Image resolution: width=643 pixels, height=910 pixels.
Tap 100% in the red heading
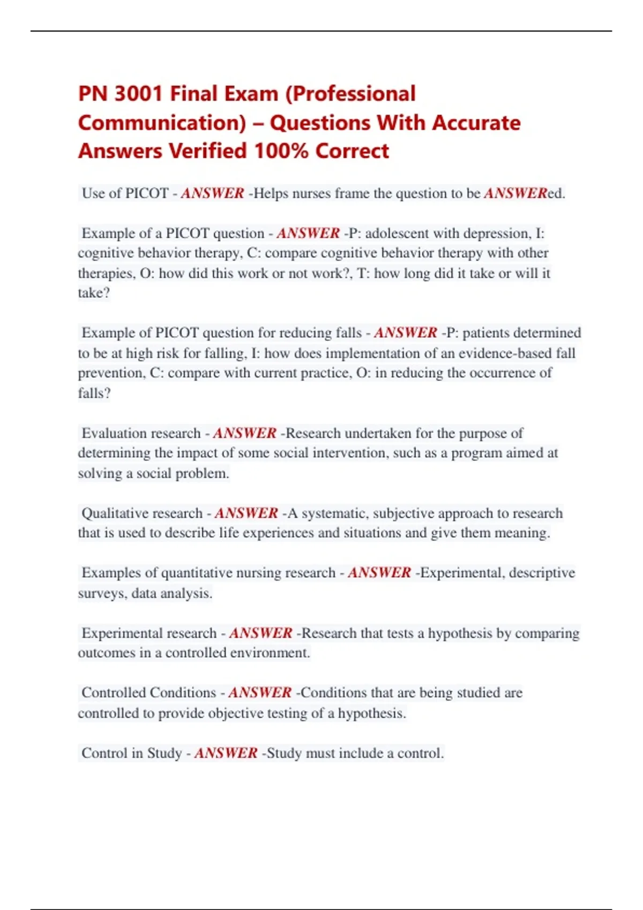tap(281, 151)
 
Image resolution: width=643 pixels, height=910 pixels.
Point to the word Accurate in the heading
tap(476, 123)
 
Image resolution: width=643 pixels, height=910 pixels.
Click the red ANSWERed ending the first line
tap(524, 193)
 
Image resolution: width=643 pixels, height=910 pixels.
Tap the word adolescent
tap(397, 233)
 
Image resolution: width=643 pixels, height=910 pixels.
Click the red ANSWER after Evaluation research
tap(244, 433)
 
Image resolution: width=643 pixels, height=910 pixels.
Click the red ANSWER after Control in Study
tap(226, 753)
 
